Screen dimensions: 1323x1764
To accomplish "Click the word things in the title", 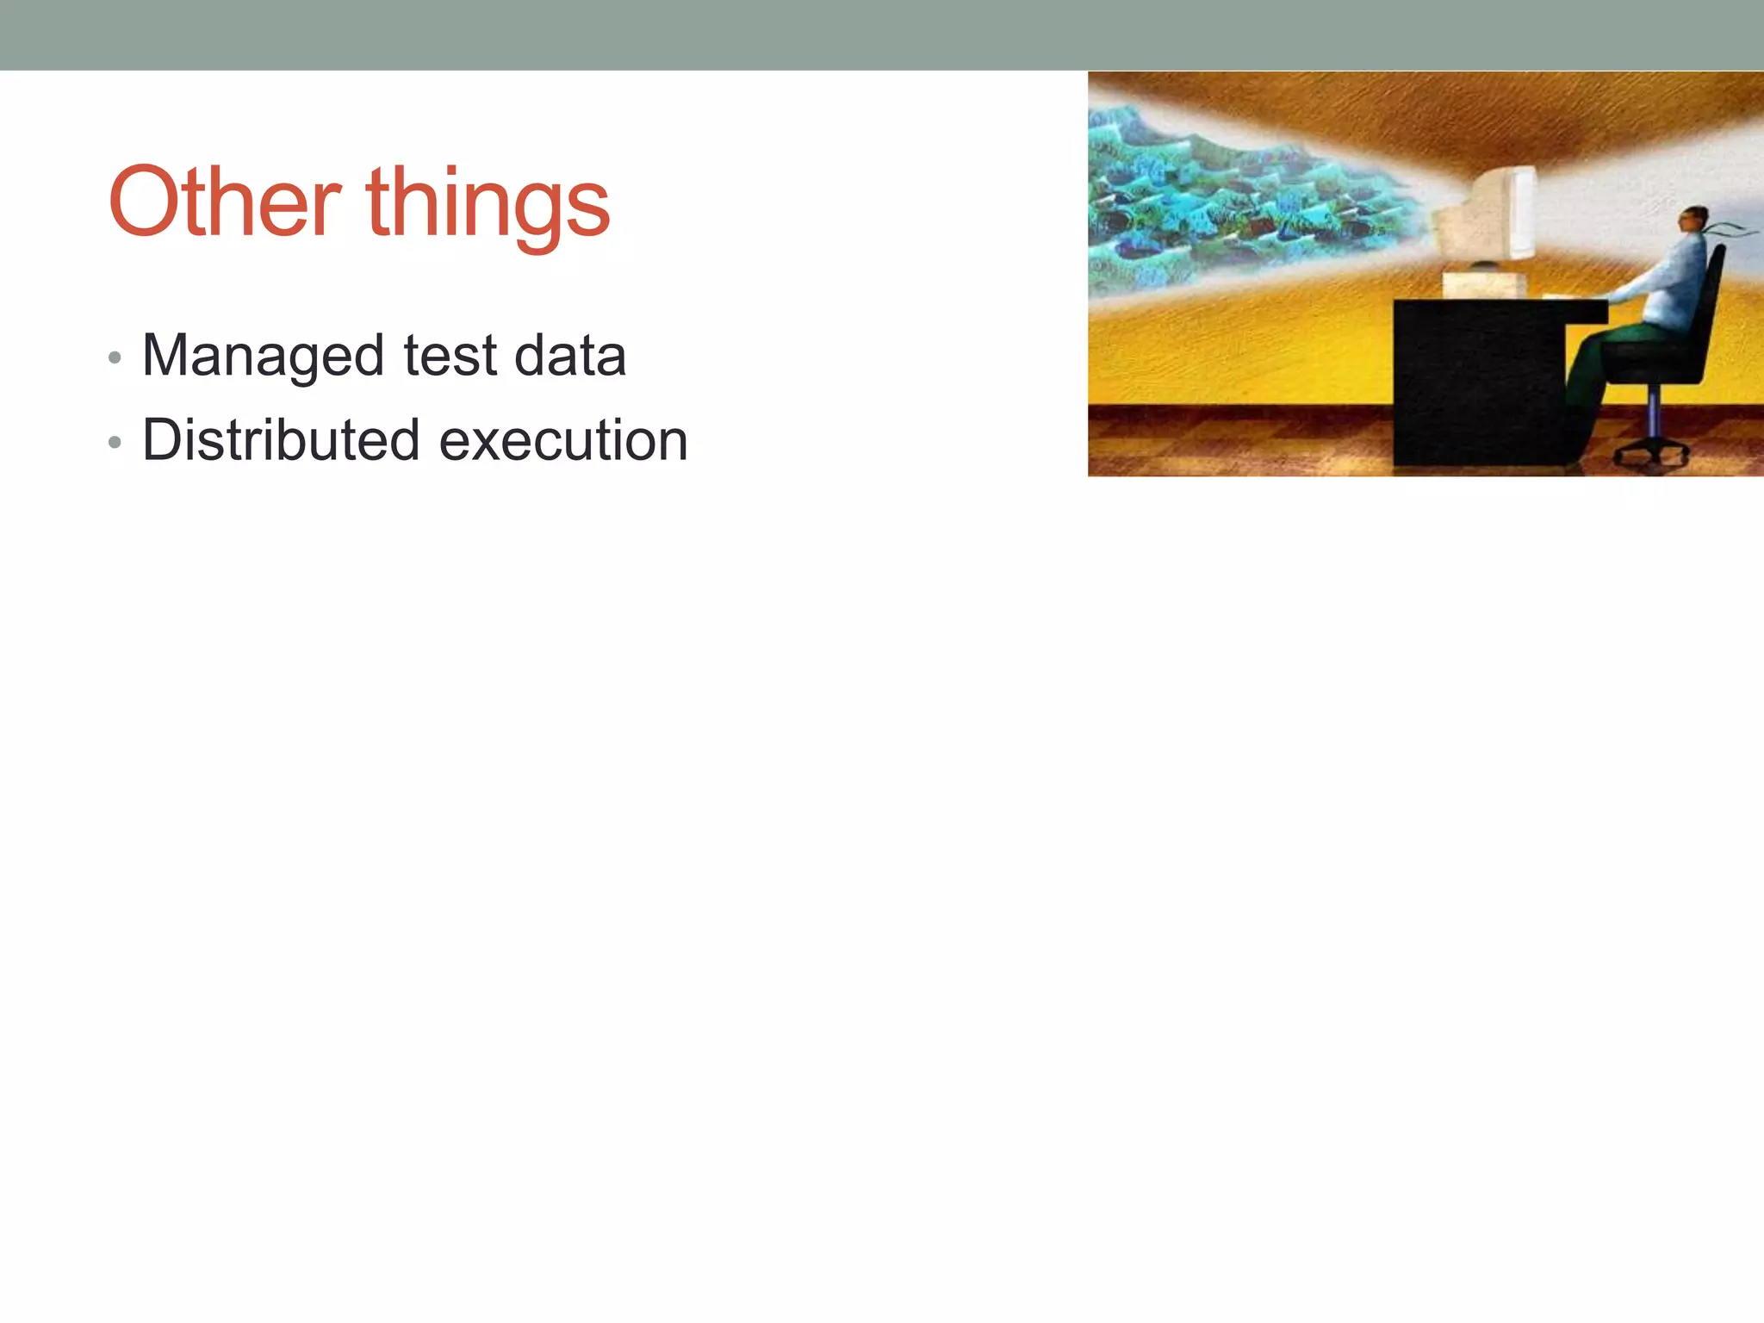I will tap(488, 204).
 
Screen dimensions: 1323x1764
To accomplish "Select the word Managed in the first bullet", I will tap(263, 357).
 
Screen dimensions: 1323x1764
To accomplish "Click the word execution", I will tap(563, 441).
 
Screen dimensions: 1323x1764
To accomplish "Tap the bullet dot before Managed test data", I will tap(115, 357).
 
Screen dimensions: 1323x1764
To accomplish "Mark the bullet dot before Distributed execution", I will tap(115, 443).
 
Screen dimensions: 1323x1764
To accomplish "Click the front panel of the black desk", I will tap(1477, 388).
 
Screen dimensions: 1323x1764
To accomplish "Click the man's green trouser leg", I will tap(1589, 362).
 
